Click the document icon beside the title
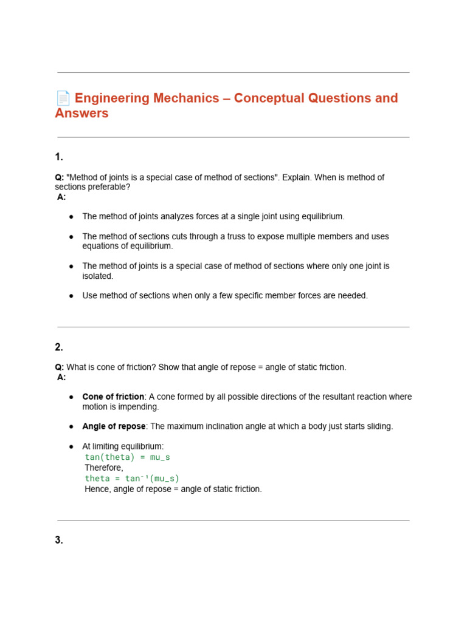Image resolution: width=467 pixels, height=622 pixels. click(63, 98)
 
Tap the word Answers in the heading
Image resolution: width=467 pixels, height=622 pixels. click(81, 114)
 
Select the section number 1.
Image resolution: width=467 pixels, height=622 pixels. click(59, 157)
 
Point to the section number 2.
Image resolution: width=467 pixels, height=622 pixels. click(59, 347)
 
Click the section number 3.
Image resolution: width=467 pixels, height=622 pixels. click(59, 540)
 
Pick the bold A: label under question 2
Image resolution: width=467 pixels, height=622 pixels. click(61, 377)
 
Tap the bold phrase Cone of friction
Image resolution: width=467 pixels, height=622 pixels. click(113, 397)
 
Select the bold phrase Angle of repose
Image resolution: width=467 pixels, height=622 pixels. click(114, 426)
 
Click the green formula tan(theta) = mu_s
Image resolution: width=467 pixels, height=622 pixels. click(127, 457)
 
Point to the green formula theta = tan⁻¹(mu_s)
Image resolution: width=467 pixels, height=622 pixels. click(132, 479)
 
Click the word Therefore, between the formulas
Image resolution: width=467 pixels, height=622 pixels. click(104, 468)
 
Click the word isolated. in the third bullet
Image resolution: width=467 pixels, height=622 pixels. click(98, 276)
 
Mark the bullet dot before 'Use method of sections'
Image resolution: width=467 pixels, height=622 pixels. click(71, 296)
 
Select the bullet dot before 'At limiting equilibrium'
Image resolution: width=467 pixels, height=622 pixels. click(71, 446)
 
